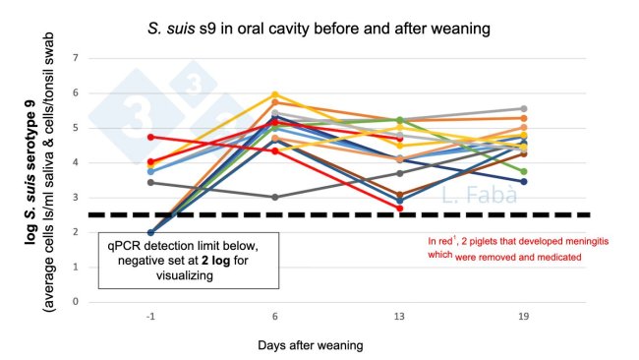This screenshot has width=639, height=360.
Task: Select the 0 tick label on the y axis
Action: coord(103,302)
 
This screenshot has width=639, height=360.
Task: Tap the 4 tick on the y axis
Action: coord(103,163)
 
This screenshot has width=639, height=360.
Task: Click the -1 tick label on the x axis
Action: coord(149,319)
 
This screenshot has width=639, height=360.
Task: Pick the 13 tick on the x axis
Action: coord(399,319)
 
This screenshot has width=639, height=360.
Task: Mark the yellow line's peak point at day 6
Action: coord(274,94)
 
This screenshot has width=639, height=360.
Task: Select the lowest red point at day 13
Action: coord(399,209)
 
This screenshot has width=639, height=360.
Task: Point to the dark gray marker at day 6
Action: coord(274,197)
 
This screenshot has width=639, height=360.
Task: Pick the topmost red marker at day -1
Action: coord(150,137)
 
